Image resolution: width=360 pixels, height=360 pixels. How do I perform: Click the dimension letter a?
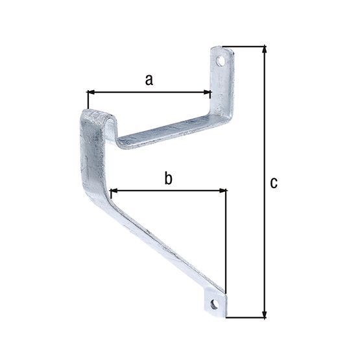pyautogui.click(x=149, y=80)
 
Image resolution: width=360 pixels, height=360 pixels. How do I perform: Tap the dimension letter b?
pyautogui.click(x=168, y=178)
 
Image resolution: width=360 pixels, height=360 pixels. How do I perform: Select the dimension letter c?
pyautogui.click(x=274, y=183)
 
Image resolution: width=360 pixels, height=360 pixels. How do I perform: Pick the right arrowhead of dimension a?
pyautogui.click(x=208, y=92)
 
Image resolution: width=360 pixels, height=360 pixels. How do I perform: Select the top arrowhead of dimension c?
pyautogui.click(x=264, y=50)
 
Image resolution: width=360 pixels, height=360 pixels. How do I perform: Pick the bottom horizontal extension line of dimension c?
pyautogui.click(x=246, y=318)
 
